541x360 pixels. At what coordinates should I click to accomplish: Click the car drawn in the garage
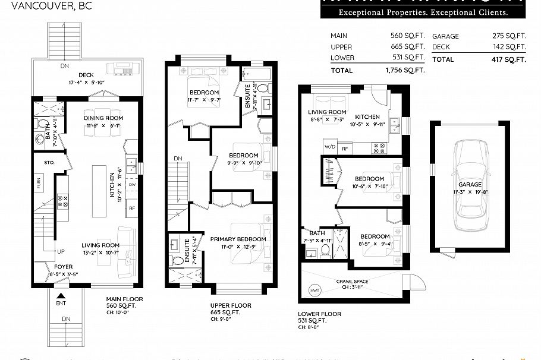pyautogui.click(x=470, y=186)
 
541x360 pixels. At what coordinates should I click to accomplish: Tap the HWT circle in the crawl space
pyautogui.click(x=314, y=290)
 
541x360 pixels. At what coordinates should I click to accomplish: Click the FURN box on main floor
pyautogui.click(x=39, y=184)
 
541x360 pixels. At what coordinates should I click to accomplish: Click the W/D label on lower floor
pyautogui.click(x=330, y=147)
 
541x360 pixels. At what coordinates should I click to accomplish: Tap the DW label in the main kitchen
pyautogui.click(x=132, y=185)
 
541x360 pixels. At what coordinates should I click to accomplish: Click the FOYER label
pyautogui.click(x=64, y=267)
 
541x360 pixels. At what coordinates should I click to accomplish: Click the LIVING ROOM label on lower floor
pyautogui.click(x=327, y=112)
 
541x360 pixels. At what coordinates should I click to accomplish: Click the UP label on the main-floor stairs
pyautogui.click(x=61, y=251)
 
